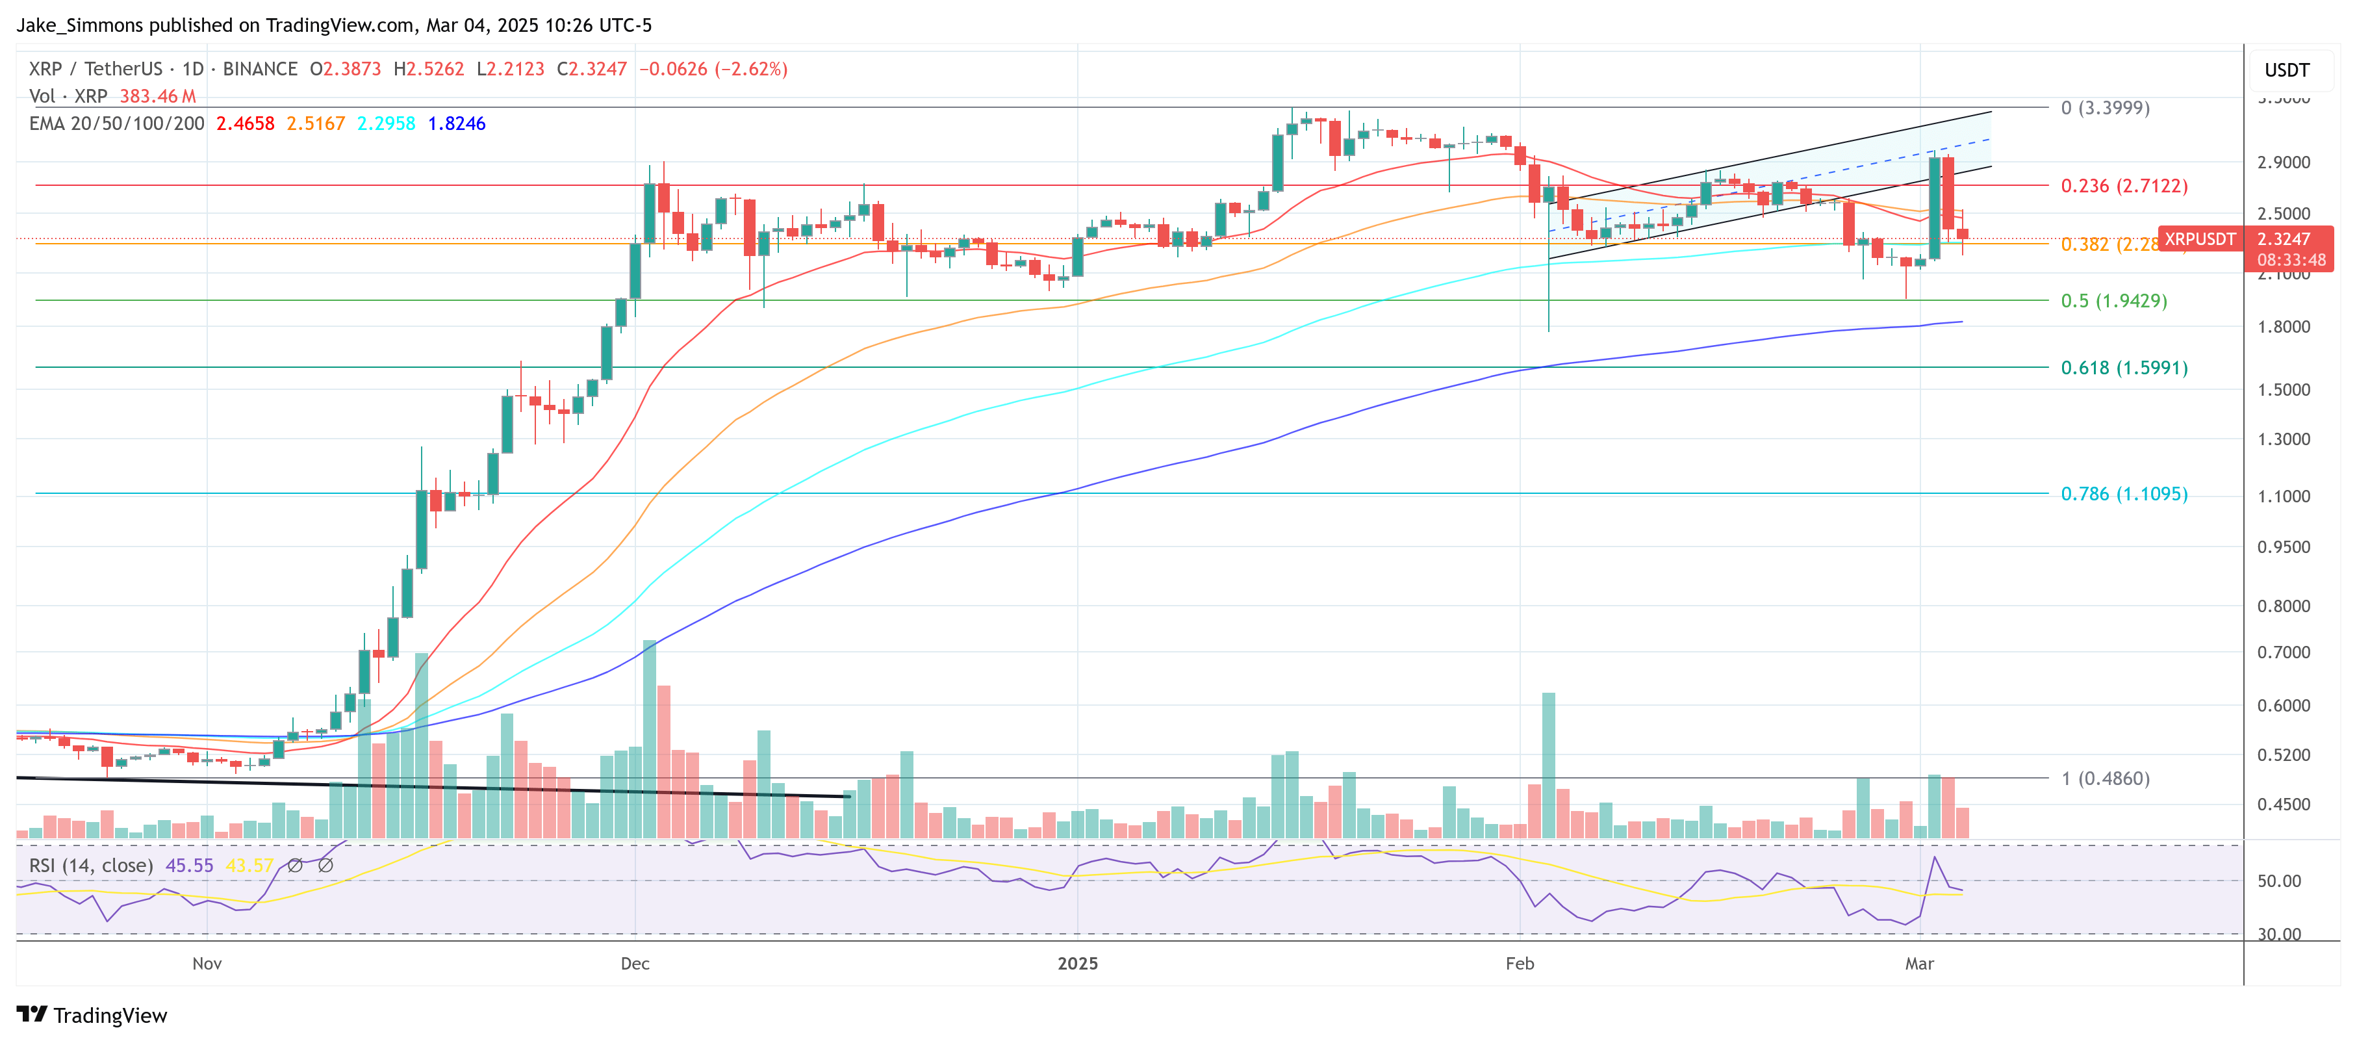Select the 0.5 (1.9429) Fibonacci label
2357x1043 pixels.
pos(2113,301)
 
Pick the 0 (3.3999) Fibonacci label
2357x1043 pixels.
pos(2104,108)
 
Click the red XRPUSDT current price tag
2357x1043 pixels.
pos(2200,240)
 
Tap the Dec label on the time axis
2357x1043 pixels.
pos(634,964)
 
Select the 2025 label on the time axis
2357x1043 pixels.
pos(1077,964)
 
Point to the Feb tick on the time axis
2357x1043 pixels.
pos(1519,964)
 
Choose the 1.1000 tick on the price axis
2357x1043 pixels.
pos(2283,496)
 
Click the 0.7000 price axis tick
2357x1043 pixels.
pos(2283,652)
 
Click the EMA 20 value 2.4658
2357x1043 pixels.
pos(244,123)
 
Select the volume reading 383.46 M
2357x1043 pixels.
pos(157,96)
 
